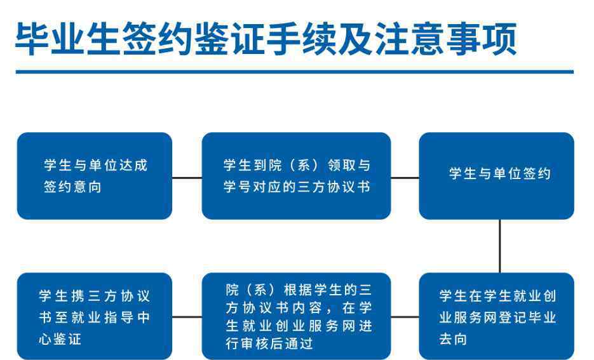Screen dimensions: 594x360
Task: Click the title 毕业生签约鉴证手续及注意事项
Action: click(x=266, y=39)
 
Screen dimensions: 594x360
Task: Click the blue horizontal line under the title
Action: click(x=295, y=72)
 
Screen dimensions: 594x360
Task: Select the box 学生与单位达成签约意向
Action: click(x=95, y=176)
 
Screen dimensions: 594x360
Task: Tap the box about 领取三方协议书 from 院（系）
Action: click(x=296, y=176)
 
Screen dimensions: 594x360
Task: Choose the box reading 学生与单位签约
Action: click(x=497, y=176)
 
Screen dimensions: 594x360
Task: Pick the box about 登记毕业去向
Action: click(x=497, y=316)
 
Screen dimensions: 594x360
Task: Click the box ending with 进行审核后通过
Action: click(x=296, y=316)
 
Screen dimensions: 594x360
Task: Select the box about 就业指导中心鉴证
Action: click(x=95, y=316)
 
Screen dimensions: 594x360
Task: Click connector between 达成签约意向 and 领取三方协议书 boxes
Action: click(x=187, y=178)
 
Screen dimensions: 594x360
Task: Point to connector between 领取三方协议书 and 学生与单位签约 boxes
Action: click(x=405, y=178)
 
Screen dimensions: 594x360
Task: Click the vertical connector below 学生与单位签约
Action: click(x=500, y=246)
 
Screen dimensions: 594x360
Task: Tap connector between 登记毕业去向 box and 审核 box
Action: click(x=405, y=317)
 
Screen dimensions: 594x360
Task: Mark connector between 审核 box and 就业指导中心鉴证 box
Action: click(x=187, y=317)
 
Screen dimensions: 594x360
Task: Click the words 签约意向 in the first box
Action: click(x=72, y=187)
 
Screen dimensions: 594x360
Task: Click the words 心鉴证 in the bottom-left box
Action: click(x=60, y=339)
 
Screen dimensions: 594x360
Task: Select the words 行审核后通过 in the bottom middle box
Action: click(x=269, y=343)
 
